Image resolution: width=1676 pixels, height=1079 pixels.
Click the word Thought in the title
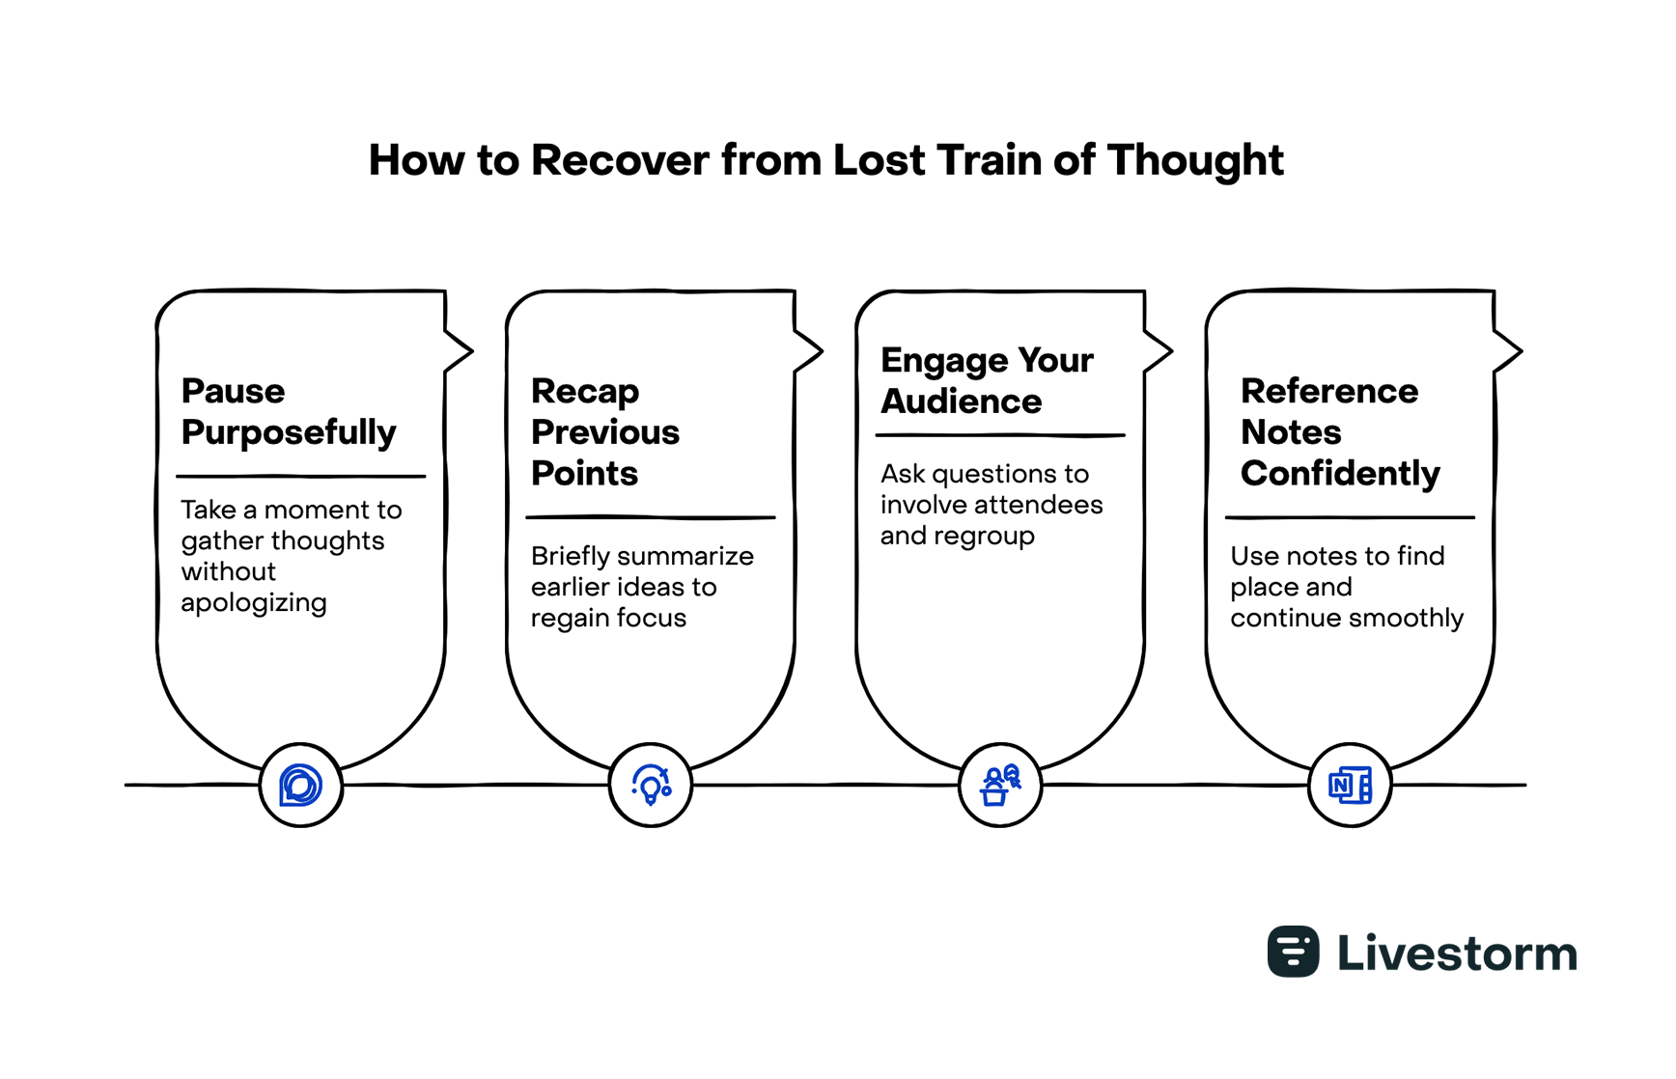[1195, 160]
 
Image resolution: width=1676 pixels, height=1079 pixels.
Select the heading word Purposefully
[289, 432]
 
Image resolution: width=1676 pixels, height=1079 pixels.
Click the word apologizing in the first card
[254, 603]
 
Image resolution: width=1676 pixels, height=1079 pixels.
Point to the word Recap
[585, 391]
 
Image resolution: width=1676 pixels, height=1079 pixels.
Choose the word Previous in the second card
[605, 432]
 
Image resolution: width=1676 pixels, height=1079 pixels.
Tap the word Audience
[962, 401]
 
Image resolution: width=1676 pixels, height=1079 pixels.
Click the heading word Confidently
[1340, 474]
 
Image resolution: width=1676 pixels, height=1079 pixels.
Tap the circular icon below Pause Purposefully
[301, 786]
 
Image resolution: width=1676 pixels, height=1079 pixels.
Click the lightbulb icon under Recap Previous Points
[651, 786]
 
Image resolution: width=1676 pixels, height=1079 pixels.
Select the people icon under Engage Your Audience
[1000, 786]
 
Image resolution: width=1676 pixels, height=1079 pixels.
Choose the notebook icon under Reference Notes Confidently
[1350, 786]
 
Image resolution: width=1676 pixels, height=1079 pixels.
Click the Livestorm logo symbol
[1293, 952]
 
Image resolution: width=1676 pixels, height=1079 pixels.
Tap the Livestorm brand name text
[1457, 954]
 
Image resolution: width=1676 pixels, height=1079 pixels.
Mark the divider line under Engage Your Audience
[1000, 436]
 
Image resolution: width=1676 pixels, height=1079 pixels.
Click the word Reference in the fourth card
[1329, 391]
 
